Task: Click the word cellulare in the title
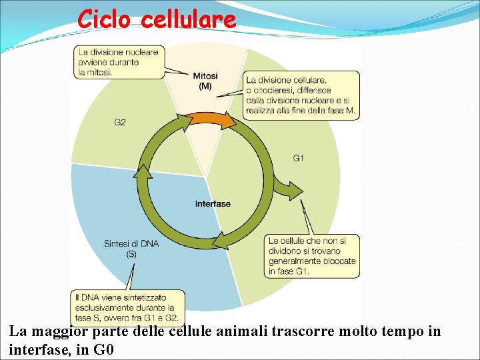189,19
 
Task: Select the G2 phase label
120,123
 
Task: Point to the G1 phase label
298,158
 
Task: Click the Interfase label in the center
213,203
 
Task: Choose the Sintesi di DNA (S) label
131,249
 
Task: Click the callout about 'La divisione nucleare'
119,62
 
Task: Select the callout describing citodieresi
301,95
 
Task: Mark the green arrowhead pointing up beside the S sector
141,173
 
